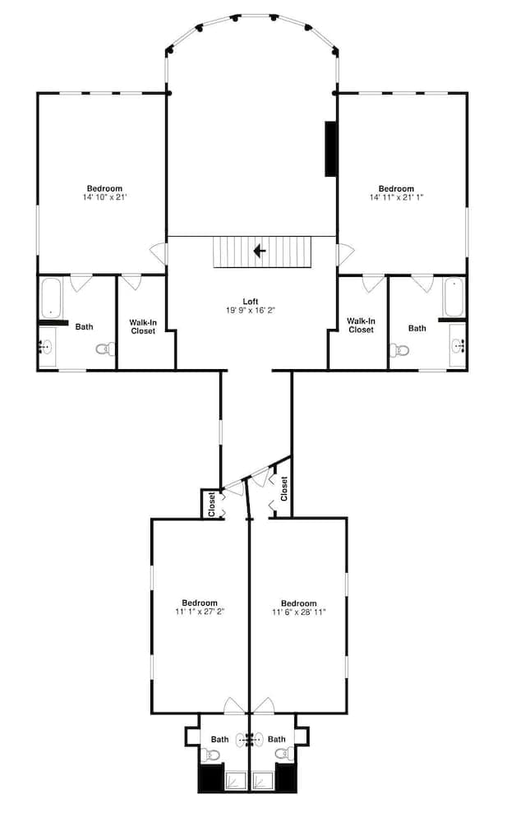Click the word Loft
pyautogui.click(x=251, y=301)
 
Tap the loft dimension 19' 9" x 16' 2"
pyautogui.click(x=251, y=311)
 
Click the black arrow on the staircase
pyautogui.click(x=259, y=251)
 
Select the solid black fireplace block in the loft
pyautogui.click(x=330, y=149)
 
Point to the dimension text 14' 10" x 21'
pyautogui.click(x=104, y=197)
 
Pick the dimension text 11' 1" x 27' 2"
pyautogui.click(x=200, y=612)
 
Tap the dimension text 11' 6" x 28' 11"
pyautogui.click(x=298, y=612)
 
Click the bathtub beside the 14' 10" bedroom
pyautogui.click(x=51, y=298)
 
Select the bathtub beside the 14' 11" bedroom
pyautogui.click(x=454, y=298)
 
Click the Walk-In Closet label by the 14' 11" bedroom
pyautogui.click(x=360, y=325)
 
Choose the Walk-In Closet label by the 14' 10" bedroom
pyautogui.click(x=142, y=326)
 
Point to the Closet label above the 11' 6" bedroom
pyautogui.click(x=284, y=489)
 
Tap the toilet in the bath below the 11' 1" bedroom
pyautogui.click(x=207, y=755)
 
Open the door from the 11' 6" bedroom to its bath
pyautogui.click(x=264, y=706)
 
